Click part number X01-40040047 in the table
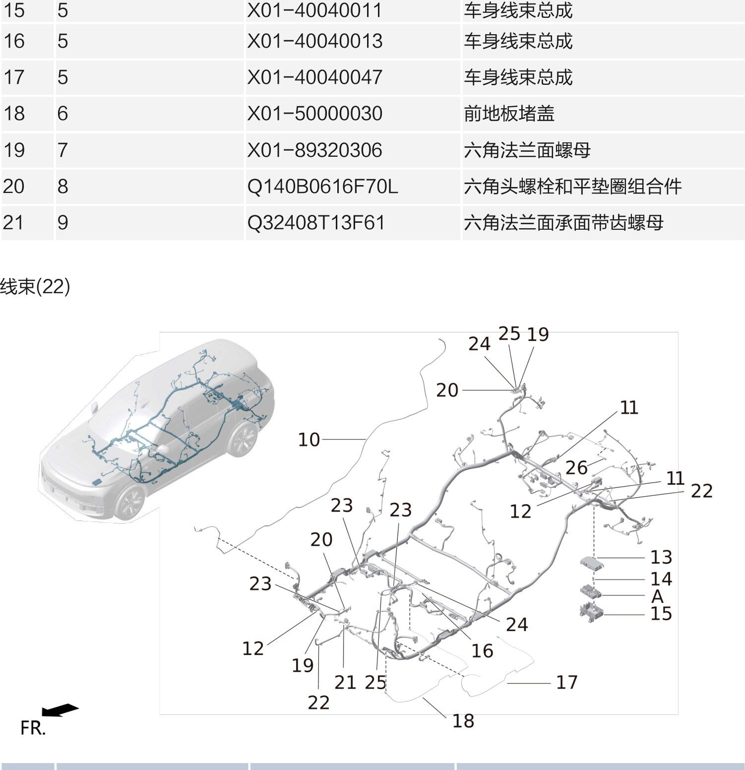(x=314, y=77)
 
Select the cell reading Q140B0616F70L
(x=322, y=187)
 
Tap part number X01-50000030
(x=314, y=114)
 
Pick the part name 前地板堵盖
(x=509, y=114)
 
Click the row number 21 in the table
(x=13, y=222)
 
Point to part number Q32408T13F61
(x=316, y=223)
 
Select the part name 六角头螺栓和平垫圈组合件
(x=572, y=187)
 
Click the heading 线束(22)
(x=35, y=286)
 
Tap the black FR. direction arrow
(x=60, y=710)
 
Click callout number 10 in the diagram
(x=309, y=440)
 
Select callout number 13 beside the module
(x=661, y=557)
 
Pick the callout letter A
(x=657, y=595)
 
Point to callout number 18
(x=463, y=721)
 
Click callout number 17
(x=566, y=682)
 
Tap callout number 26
(x=576, y=467)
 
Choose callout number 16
(x=482, y=651)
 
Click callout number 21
(x=345, y=683)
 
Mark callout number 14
(x=661, y=579)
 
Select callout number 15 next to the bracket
(x=661, y=614)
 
